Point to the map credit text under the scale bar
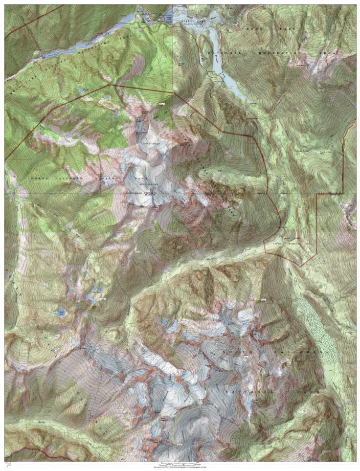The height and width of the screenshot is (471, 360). (x=180, y=468)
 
